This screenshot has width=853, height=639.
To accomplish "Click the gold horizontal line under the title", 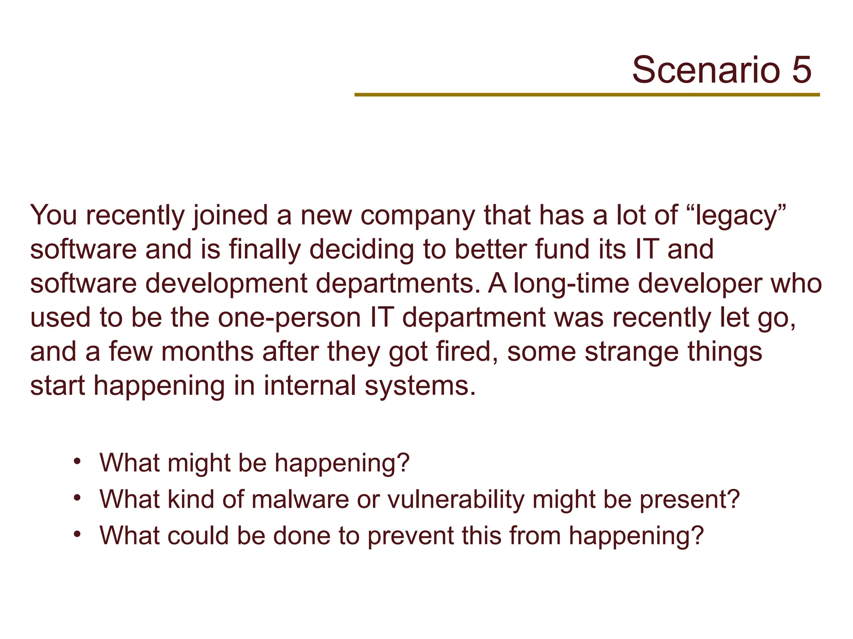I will [587, 95].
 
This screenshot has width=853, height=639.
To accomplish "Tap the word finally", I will [264, 250].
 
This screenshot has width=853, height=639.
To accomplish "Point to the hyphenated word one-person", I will [289, 318].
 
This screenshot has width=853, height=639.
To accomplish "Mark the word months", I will [207, 352].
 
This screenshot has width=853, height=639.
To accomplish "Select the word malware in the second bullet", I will [300, 499].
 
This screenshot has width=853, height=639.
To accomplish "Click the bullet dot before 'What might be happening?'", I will [77, 462].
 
